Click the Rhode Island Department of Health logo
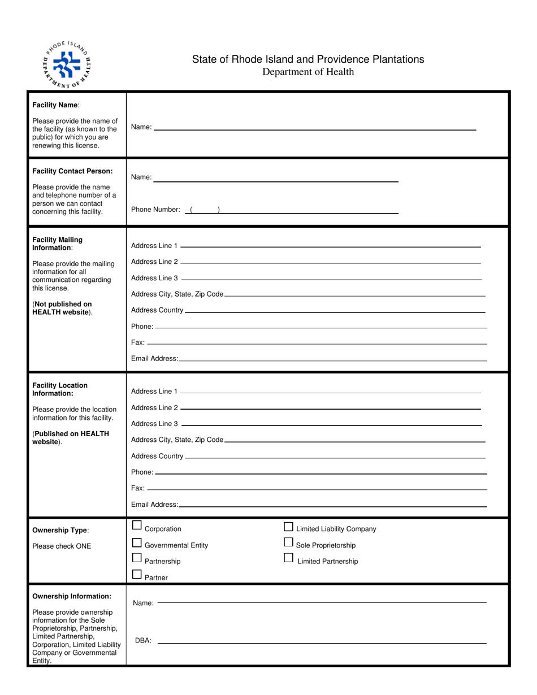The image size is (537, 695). pyautogui.click(x=67, y=64)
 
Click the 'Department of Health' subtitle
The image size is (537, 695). pyautogui.click(x=308, y=72)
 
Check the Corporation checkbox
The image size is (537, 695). pyautogui.click(x=137, y=525)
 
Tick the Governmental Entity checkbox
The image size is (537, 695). pyautogui.click(x=137, y=543)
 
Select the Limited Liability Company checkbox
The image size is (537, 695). pyautogui.click(x=288, y=527)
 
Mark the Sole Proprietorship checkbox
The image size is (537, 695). pyautogui.click(x=288, y=542)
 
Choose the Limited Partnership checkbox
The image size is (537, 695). pyautogui.click(x=288, y=558)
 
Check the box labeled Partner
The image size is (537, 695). pyautogui.click(x=137, y=575)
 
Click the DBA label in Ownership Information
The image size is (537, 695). pyautogui.click(x=143, y=641)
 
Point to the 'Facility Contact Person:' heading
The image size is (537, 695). pyautogui.click(x=72, y=171)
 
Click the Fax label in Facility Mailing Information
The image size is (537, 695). pyautogui.click(x=137, y=342)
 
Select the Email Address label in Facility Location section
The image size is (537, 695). pyautogui.click(x=154, y=505)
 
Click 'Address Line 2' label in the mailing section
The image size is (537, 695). pyautogui.click(x=154, y=262)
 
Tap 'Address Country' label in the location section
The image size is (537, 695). pyautogui.click(x=157, y=456)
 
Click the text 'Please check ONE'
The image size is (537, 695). pyautogui.click(x=62, y=546)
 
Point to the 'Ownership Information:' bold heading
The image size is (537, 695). pyautogui.click(x=72, y=596)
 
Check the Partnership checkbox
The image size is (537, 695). pyautogui.click(x=137, y=558)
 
